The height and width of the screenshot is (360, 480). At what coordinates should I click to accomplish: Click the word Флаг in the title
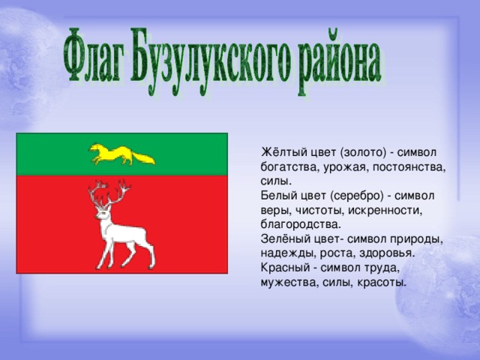(x=94, y=55)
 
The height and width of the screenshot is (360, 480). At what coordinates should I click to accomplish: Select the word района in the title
(x=339, y=63)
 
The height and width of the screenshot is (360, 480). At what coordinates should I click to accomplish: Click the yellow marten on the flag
(x=121, y=154)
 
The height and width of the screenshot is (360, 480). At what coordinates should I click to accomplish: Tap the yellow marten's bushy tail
(x=143, y=158)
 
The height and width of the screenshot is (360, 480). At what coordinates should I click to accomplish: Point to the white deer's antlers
(x=109, y=193)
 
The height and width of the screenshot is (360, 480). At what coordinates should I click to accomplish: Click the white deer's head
(x=103, y=213)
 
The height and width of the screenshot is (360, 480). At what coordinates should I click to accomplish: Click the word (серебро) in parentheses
(x=357, y=196)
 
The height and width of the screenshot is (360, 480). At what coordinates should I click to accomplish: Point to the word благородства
(x=301, y=224)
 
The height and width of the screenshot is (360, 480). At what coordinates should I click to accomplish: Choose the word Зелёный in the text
(x=286, y=239)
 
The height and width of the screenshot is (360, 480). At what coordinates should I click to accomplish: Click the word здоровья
(x=387, y=253)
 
